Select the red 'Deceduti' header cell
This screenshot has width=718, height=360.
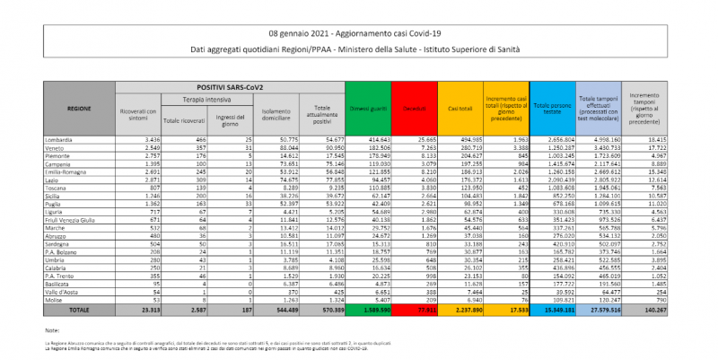(414, 108)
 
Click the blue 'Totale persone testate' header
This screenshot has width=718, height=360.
(552, 108)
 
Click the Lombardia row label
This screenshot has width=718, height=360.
(58, 140)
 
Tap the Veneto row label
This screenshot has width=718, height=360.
(54, 146)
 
